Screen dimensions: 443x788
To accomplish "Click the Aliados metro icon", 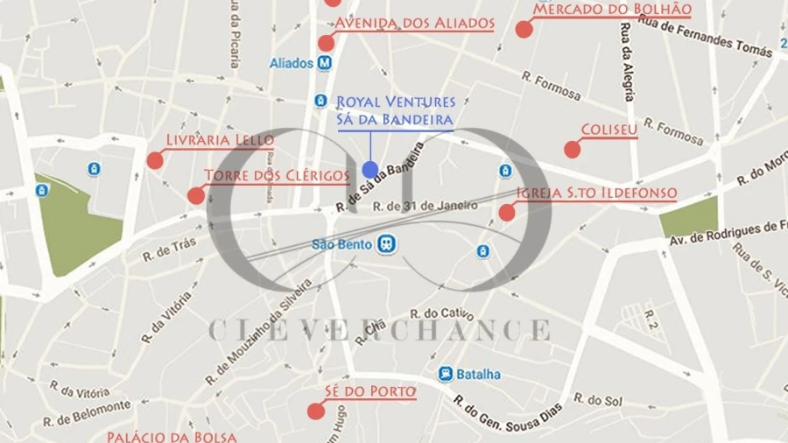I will coord(325,63).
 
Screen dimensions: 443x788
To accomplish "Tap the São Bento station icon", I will coord(386,245).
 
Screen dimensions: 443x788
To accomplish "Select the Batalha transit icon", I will coord(446,374).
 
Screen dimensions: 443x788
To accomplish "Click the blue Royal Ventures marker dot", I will coord(370,170).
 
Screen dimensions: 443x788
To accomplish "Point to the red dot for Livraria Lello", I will coord(155,160).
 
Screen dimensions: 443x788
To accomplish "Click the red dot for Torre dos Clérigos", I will coord(196,195).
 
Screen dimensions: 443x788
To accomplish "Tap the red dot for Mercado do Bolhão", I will coord(524,29).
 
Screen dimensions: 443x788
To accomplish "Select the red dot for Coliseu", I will coord(572,149).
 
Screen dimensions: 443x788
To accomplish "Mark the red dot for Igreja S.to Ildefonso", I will coord(506,212).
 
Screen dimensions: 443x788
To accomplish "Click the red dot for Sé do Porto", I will coord(315,411).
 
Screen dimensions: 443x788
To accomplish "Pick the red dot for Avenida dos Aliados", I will coord(326,43).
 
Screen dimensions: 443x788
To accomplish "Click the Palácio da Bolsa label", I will coord(172,436).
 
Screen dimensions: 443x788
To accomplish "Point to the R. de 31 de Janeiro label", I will coord(426,207).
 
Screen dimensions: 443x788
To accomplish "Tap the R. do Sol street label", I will coord(605,400).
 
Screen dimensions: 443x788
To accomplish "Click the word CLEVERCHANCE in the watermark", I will coord(379,330).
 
